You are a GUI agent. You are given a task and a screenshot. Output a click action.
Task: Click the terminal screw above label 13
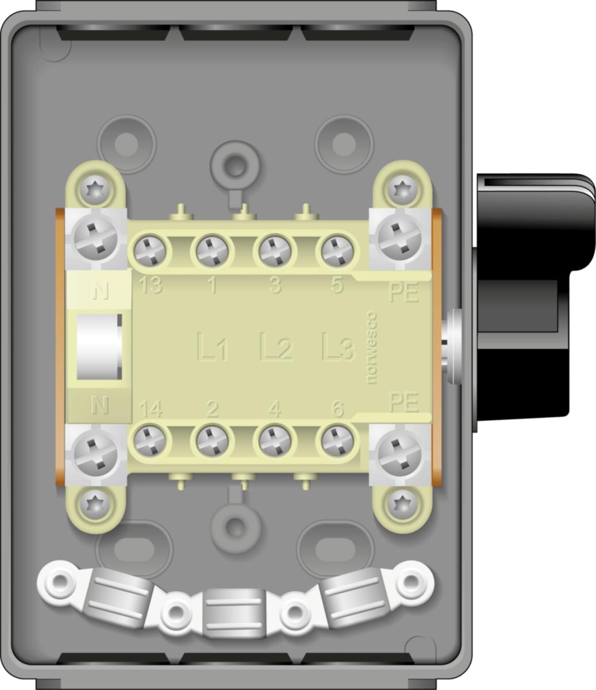[149, 251]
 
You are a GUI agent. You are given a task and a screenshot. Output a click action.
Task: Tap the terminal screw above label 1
[212, 251]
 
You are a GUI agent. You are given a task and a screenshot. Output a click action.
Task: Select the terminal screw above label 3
[275, 251]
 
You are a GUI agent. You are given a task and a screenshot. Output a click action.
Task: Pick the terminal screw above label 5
[337, 251]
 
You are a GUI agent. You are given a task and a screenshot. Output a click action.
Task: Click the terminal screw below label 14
[149, 442]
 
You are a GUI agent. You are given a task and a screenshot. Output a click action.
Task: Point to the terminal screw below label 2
[212, 442]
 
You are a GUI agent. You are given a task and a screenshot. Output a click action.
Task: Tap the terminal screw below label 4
[275, 442]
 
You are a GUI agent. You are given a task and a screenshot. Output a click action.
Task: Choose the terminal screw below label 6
[337, 442]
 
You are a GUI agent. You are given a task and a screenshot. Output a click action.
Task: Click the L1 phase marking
[213, 347]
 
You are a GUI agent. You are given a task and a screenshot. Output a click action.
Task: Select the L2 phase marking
[276, 347]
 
